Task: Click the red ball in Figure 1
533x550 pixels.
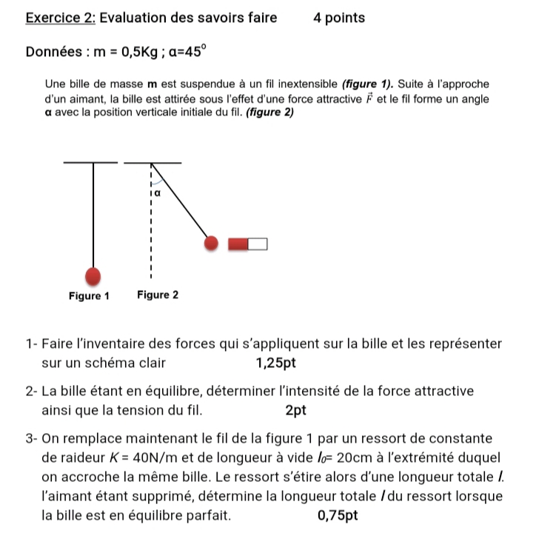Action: pos(93,275)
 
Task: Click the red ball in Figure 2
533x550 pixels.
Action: pos(212,244)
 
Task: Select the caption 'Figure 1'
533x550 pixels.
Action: pos(89,296)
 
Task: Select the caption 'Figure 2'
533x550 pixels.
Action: pos(158,296)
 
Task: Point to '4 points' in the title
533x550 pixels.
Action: pos(339,18)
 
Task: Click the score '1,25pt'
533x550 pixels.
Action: pos(275,363)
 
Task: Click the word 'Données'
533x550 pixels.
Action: pos(53,53)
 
